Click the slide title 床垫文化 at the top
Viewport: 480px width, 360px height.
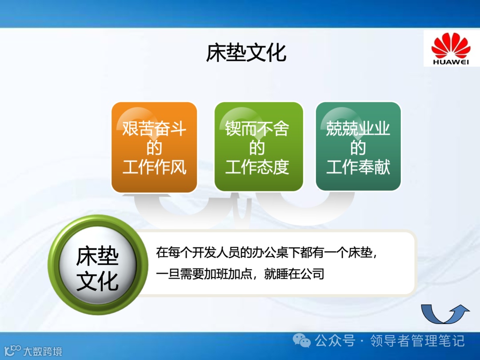[x=246, y=53]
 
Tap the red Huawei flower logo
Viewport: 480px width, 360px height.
[x=451, y=45]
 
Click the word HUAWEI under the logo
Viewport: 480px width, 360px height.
[x=451, y=62]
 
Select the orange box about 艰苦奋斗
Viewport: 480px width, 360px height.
[x=154, y=147]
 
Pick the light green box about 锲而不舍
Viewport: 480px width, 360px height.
[x=259, y=147]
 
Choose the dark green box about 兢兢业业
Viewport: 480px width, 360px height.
[x=358, y=146]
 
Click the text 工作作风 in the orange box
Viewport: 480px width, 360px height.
[x=154, y=167]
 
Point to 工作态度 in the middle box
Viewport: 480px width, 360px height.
[x=257, y=167]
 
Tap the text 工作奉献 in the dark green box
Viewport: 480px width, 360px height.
[x=358, y=167]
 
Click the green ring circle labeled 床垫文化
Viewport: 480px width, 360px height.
[x=98, y=265]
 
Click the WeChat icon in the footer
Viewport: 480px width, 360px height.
[x=301, y=340]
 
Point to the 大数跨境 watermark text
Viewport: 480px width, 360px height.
[x=43, y=351]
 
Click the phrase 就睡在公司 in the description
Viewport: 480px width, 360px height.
[x=294, y=274]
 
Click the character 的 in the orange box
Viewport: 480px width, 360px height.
[x=154, y=148]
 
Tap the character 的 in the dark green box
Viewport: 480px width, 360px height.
[x=358, y=148]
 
